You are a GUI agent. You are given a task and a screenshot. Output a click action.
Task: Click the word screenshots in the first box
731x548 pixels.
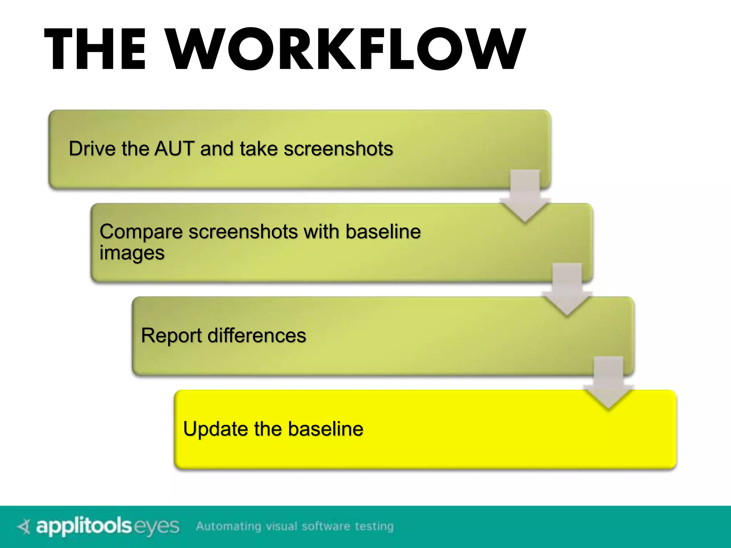point(338,148)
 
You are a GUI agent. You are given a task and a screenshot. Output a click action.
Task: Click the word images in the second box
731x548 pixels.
point(132,253)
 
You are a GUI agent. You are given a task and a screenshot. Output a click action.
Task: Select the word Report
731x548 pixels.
point(171,335)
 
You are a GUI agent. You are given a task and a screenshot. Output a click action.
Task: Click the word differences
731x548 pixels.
point(257,335)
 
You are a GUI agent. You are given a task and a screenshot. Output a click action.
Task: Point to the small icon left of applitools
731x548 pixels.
point(24,527)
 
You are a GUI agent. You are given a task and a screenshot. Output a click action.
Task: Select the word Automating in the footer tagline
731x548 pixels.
point(228,526)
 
